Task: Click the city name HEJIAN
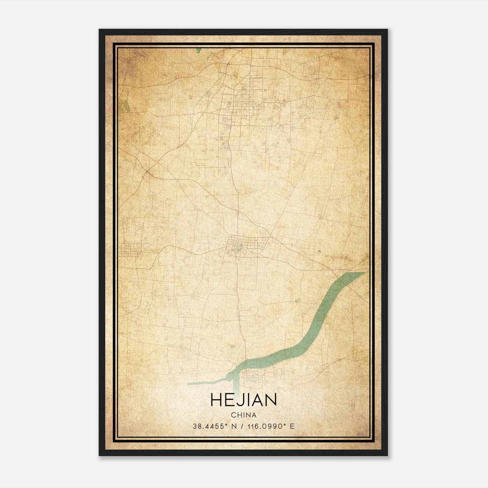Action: click(243, 400)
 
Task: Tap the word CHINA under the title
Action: click(244, 415)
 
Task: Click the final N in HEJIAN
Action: click(271, 400)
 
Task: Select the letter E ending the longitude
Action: click(292, 426)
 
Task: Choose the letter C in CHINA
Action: click(233, 415)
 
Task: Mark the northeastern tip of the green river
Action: click(364, 272)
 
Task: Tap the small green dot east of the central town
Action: click(319, 251)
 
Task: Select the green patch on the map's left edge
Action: click(124, 105)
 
